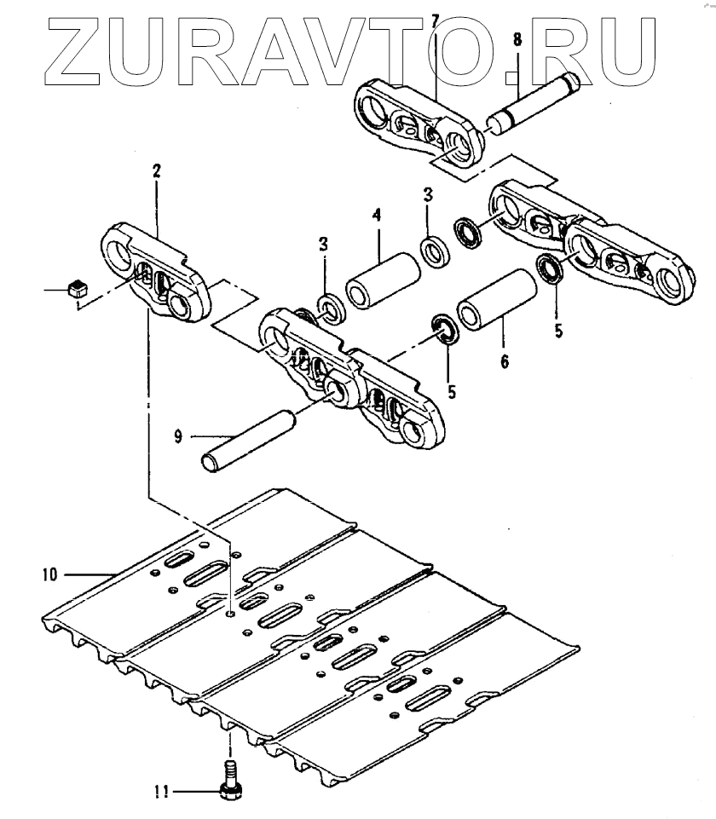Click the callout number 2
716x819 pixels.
(x=156, y=170)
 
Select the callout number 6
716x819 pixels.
(x=505, y=363)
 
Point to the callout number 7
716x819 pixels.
(x=435, y=19)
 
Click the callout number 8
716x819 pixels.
(x=518, y=39)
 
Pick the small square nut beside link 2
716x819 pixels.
(x=74, y=288)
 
